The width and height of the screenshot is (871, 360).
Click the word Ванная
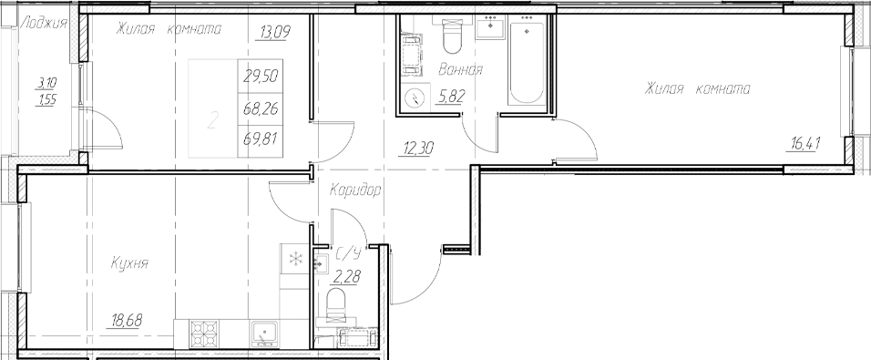(x=460, y=70)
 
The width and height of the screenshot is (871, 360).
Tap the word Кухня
(x=129, y=263)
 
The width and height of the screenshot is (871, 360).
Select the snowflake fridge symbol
(x=295, y=259)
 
